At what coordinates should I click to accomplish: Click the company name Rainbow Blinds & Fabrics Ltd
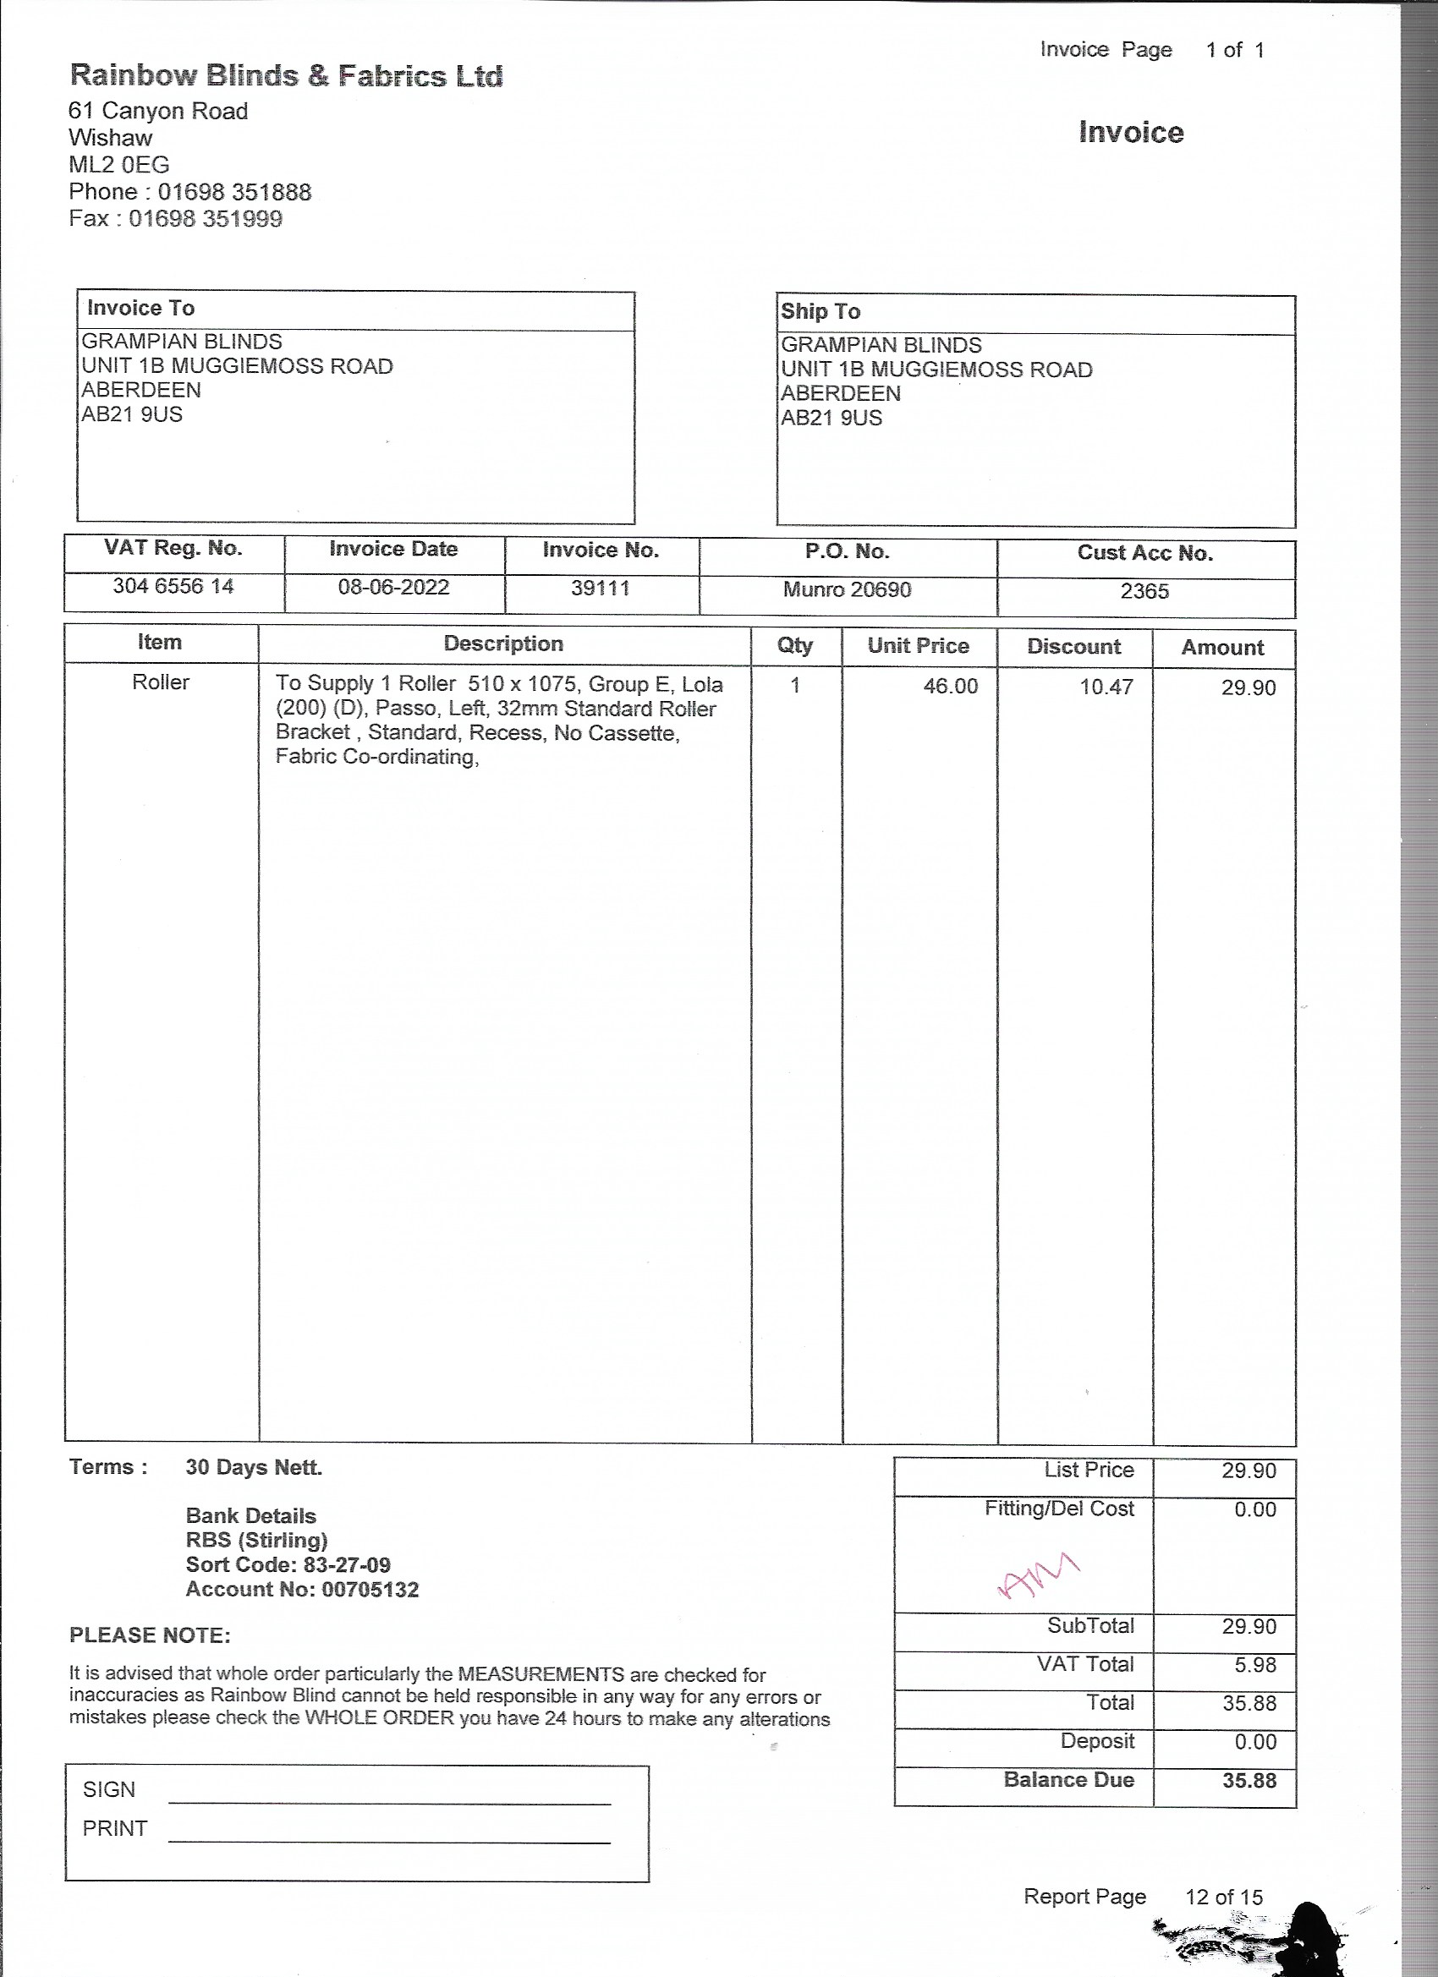[286, 76]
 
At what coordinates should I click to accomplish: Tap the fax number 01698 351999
[206, 219]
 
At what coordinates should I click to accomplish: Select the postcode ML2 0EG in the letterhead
[118, 165]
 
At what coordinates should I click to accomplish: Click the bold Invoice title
[1130, 133]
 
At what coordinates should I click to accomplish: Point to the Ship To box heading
[821, 311]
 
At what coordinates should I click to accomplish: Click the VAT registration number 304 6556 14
[173, 587]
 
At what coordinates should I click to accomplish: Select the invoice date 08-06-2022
[393, 588]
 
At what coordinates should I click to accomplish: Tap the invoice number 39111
[600, 589]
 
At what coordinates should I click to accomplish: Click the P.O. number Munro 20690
[847, 590]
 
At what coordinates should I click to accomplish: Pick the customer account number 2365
[1144, 592]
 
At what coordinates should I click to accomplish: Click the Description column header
[503, 644]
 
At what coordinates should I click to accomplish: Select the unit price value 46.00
[951, 687]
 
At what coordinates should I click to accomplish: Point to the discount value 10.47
[1106, 687]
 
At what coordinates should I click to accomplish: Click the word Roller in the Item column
[161, 682]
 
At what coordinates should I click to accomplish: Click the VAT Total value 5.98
[1255, 1665]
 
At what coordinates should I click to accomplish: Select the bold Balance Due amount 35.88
[1249, 1781]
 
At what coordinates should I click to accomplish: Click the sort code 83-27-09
[347, 1565]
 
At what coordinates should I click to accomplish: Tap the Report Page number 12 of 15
[1223, 1898]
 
